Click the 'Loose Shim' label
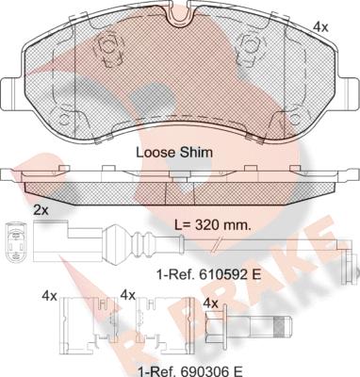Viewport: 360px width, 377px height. click(174, 153)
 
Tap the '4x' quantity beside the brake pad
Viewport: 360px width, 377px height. click(320, 27)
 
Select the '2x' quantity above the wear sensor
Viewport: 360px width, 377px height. click(41, 210)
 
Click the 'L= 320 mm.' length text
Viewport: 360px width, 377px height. click(213, 225)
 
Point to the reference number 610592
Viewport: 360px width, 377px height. click(222, 275)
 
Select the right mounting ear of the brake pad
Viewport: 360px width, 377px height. click(350, 93)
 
